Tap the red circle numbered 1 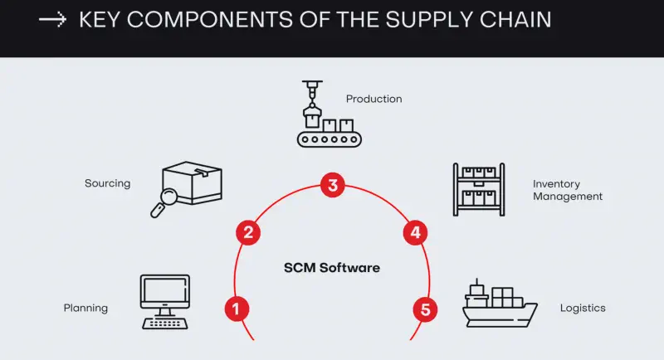[x=237, y=309]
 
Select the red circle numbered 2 [x=247, y=232]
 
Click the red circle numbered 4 [x=415, y=232]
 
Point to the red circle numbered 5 [x=426, y=310]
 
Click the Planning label [x=85, y=309]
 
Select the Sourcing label [x=107, y=183]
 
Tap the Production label [x=373, y=99]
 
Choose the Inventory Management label [x=568, y=190]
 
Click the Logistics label [x=583, y=309]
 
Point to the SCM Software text [x=331, y=268]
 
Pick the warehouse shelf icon [x=479, y=189]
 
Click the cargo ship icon [x=498, y=305]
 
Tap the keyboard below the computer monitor [x=164, y=323]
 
